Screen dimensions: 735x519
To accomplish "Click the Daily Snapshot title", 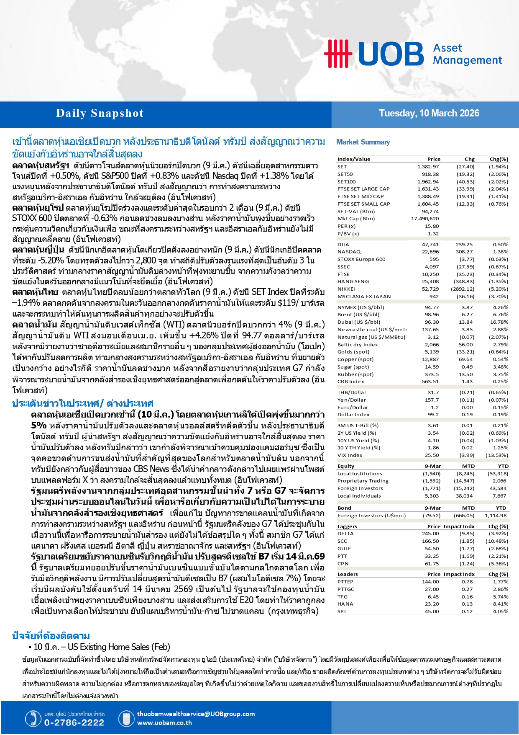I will (100, 113).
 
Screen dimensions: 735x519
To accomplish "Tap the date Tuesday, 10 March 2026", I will (429, 113).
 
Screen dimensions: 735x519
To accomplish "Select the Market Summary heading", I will (363, 142).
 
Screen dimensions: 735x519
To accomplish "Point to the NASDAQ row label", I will (349, 252).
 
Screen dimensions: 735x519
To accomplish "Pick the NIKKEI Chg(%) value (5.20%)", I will (499, 289).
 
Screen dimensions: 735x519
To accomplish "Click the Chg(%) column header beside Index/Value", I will (499, 159).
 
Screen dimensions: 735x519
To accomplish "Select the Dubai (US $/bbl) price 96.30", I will (432, 322).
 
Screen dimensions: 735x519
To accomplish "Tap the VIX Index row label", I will (350, 455).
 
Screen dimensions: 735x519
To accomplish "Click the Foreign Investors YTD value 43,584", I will (498, 488).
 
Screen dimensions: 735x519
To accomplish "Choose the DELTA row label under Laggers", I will (345, 534).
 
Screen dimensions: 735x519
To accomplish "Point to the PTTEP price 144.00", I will (430, 582).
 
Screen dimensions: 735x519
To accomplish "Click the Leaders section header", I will (348, 574).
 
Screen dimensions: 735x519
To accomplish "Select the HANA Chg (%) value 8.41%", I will (500, 604).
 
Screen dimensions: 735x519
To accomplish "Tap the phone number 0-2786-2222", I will (74, 722).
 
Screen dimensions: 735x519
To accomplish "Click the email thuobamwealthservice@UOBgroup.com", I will (196, 714).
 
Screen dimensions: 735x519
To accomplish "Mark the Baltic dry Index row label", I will (358, 345).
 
